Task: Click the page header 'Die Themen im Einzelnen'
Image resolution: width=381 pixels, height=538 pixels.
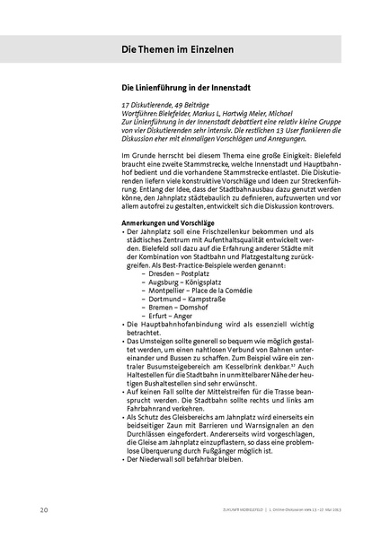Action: coord(178,49)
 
